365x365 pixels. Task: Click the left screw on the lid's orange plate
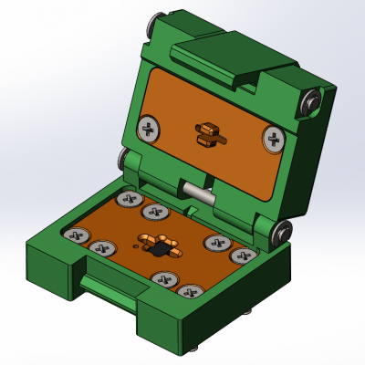point(148,128)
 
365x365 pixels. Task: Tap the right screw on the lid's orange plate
point(274,140)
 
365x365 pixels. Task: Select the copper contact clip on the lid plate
point(209,133)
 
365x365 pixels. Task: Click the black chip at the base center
point(159,248)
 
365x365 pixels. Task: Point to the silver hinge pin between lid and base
point(197,192)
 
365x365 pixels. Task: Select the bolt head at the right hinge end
point(283,232)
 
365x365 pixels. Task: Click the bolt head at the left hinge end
point(122,161)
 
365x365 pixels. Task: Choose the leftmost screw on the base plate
point(77,235)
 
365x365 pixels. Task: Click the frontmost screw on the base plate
point(188,293)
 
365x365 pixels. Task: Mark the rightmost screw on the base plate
point(243,256)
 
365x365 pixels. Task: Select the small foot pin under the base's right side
point(250,311)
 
